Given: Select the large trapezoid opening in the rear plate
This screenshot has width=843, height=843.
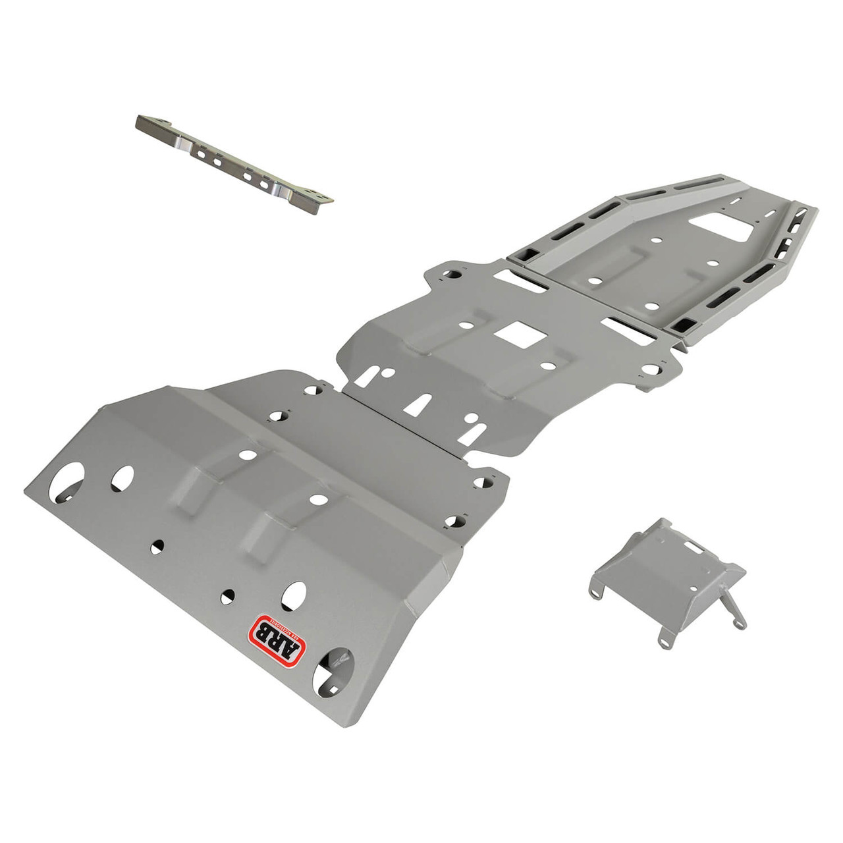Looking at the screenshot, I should tap(724, 227).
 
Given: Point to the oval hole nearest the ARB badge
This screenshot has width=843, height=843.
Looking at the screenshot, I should tap(294, 595).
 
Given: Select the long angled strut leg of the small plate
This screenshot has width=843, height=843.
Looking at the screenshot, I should tap(734, 609).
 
